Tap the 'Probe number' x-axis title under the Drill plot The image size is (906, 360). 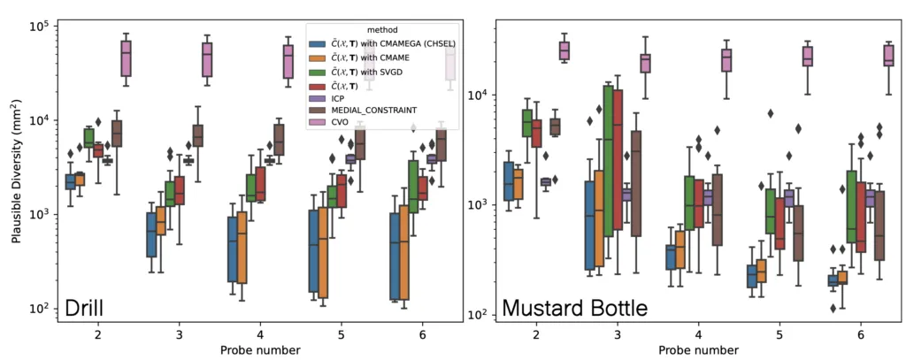(x=260, y=350)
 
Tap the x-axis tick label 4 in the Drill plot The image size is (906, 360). (x=260, y=335)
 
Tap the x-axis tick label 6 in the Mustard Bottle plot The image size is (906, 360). (x=861, y=335)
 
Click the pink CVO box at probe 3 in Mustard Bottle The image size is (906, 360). (x=645, y=63)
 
